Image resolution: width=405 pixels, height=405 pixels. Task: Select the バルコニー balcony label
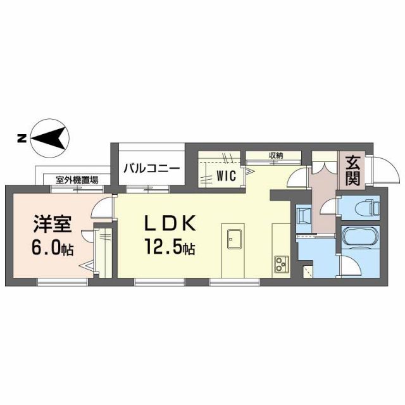[151, 168]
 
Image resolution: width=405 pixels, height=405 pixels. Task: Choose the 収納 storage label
[275, 156]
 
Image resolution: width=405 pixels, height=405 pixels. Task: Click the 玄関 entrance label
[352, 170]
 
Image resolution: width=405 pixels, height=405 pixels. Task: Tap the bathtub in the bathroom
[359, 239]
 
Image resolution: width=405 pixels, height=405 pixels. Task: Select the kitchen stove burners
[281, 264]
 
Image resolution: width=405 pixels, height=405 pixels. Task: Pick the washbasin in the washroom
[303, 215]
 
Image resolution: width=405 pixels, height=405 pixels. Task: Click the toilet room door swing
[330, 208]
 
